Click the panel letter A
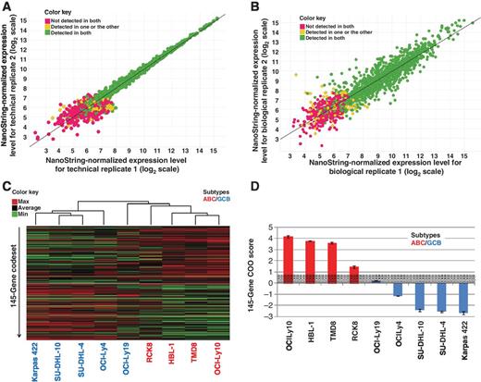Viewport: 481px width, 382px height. pos(6,7)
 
